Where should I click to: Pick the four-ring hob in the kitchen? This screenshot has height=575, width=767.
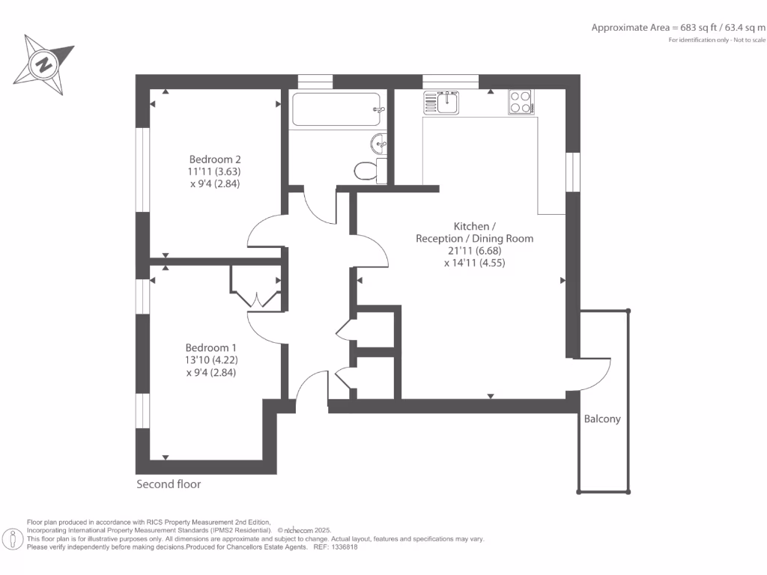tap(521, 102)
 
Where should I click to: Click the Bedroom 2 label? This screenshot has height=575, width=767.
tap(215, 159)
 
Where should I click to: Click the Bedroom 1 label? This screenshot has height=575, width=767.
tap(211, 348)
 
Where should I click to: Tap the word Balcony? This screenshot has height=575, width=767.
tap(602, 419)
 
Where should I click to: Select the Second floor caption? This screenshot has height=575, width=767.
tap(169, 484)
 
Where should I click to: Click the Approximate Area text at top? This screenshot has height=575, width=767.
tap(678, 28)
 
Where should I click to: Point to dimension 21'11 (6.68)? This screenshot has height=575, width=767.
tap(474, 251)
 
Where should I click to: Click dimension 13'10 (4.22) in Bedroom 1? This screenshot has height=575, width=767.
tap(210, 360)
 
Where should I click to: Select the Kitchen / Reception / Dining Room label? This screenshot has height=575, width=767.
tap(474, 232)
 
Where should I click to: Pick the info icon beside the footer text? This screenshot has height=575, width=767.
tap(13, 538)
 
